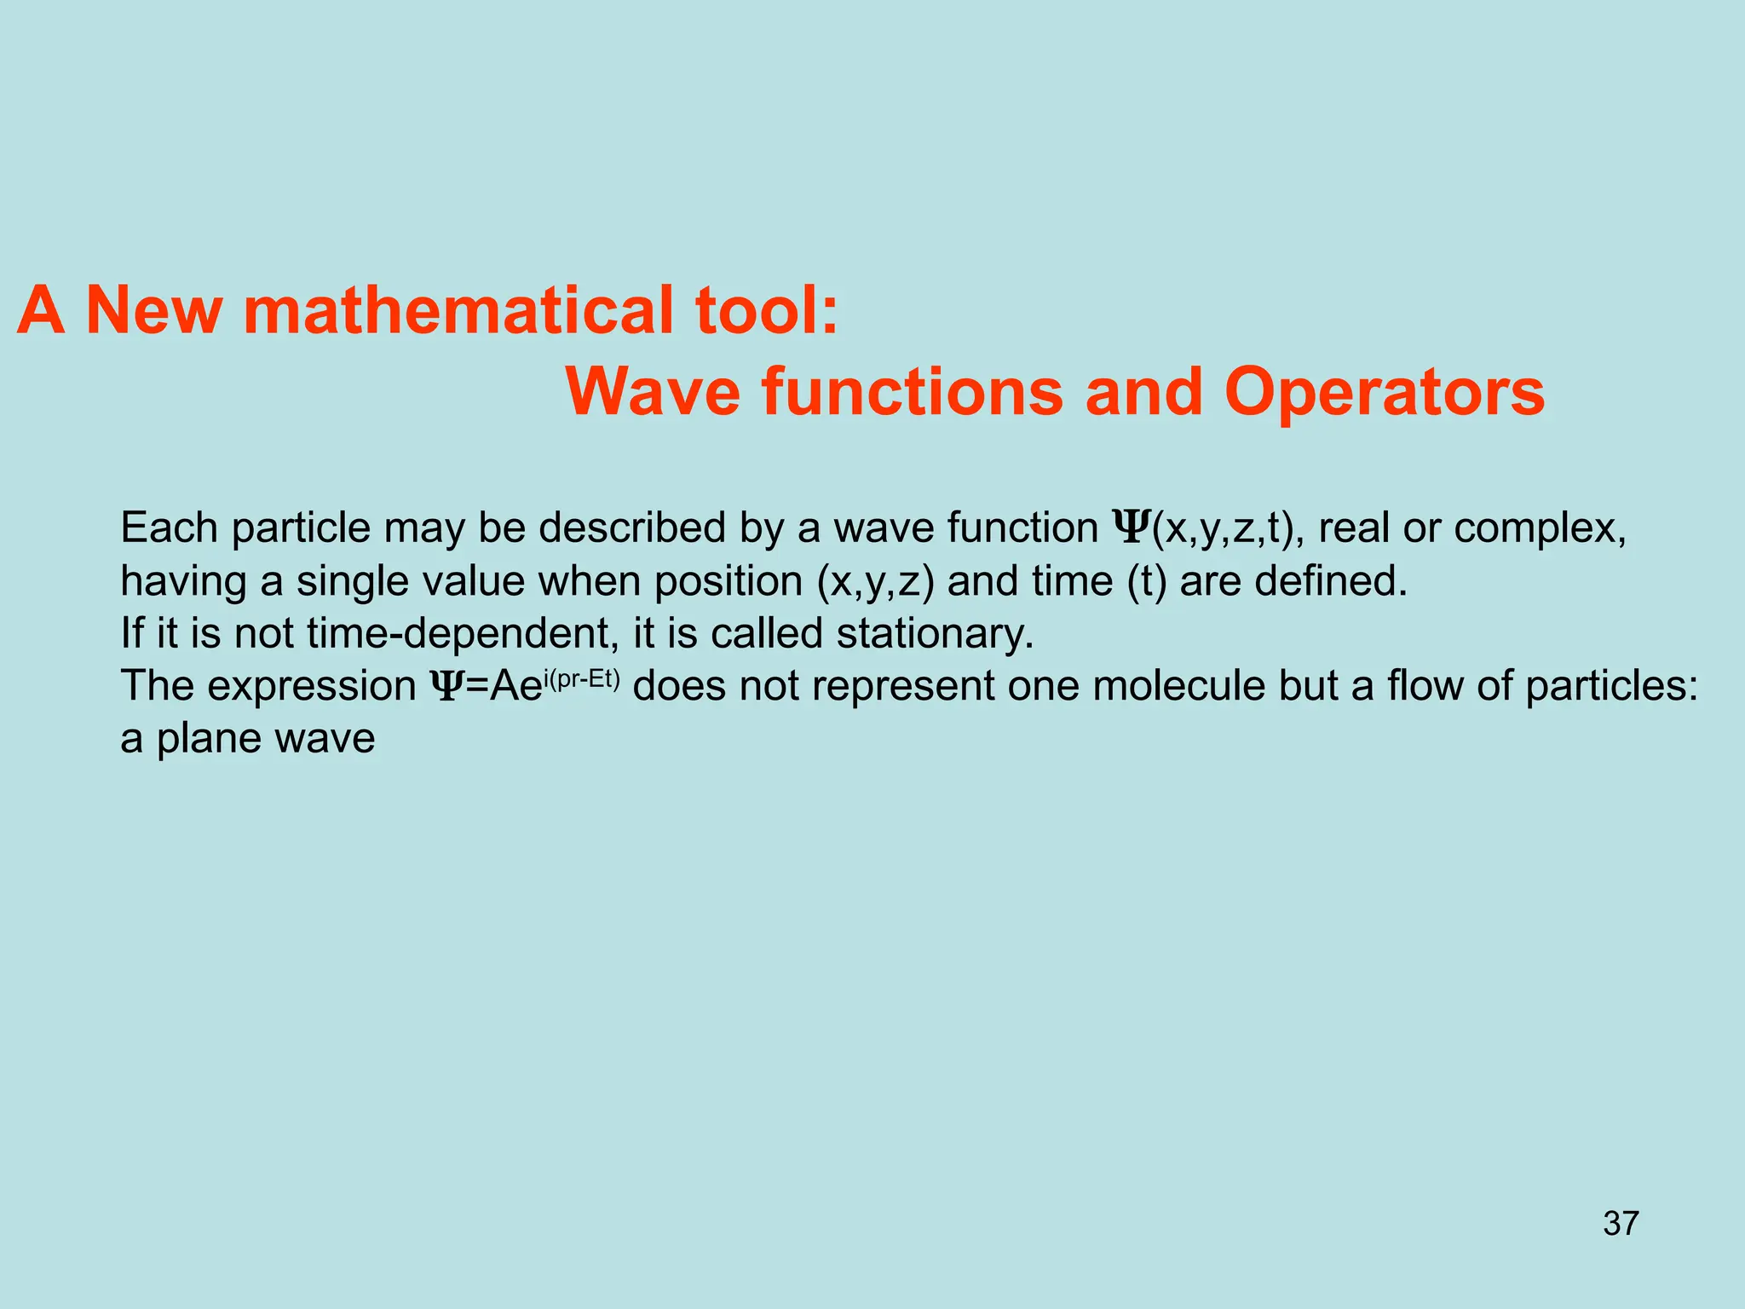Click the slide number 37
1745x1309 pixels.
point(1621,1224)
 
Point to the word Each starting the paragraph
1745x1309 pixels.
point(170,528)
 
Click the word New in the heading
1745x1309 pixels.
point(154,310)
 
